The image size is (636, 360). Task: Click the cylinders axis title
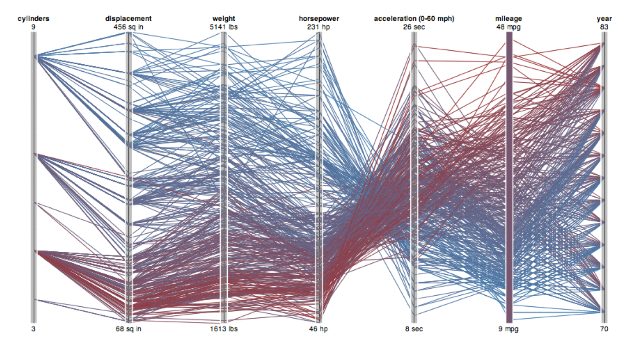[33, 18]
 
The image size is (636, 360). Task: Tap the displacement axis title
[129, 18]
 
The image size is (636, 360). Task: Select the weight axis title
[224, 18]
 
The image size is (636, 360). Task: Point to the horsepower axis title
[319, 18]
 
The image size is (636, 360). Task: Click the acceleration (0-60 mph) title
[414, 18]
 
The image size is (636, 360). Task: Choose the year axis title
[605, 18]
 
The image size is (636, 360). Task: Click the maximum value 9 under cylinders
[33, 26]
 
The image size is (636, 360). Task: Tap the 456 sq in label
[128, 26]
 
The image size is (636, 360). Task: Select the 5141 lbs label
[224, 26]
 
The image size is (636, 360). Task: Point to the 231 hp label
[319, 26]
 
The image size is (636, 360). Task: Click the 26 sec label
[414, 26]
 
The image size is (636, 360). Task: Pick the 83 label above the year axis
[604, 26]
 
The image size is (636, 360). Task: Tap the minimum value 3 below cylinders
[33, 329]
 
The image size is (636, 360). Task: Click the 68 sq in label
[128, 329]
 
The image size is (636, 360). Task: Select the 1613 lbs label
[224, 329]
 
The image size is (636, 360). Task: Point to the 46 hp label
[319, 329]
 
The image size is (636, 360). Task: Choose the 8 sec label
[414, 329]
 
